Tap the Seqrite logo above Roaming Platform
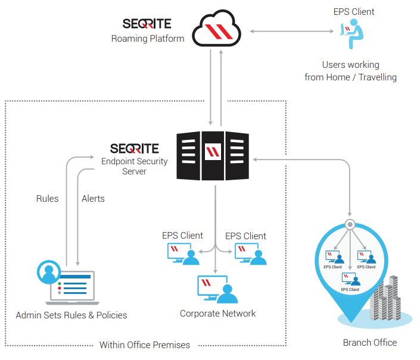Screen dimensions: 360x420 click(147, 24)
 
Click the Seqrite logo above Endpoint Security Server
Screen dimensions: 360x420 click(135, 148)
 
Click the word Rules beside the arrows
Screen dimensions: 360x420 click(47, 198)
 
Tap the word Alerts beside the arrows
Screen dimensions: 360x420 click(93, 198)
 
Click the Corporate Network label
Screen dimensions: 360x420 click(217, 314)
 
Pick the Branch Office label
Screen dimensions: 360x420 click(369, 342)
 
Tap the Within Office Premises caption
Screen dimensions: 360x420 click(145, 345)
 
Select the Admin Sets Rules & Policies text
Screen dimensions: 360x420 click(71, 315)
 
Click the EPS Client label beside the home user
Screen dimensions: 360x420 click(354, 11)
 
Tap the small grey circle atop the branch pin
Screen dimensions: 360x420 click(350, 226)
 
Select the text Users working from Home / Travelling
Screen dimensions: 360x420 click(350, 71)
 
